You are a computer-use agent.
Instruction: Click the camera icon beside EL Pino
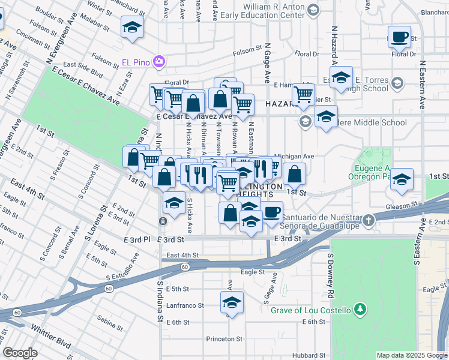point(159,61)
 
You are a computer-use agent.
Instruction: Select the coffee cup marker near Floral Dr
point(399,38)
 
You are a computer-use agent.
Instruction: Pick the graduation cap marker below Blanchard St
point(132,27)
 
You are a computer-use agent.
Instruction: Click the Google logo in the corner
point(20,353)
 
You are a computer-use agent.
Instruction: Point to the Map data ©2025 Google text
point(411,355)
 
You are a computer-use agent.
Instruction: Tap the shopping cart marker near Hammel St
point(303,94)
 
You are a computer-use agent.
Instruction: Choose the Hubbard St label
point(309,355)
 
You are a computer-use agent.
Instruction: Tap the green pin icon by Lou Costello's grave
point(360,310)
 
